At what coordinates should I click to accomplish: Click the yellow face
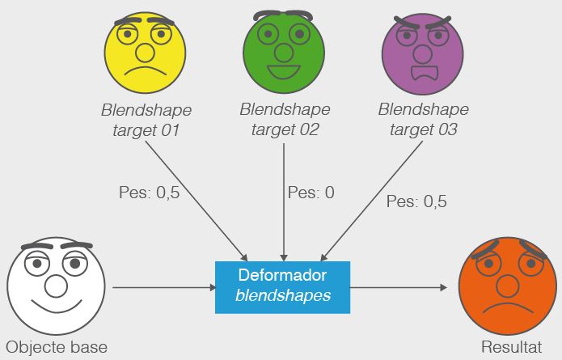click(x=146, y=53)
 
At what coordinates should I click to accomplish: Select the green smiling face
click(x=284, y=53)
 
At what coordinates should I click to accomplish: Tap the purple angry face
click(x=421, y=53)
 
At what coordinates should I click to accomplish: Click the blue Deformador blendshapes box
click(x=282, y=287)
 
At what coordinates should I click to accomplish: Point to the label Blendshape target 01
click(x=146, y=120)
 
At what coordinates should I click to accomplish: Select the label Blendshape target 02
click(x=284, y=120)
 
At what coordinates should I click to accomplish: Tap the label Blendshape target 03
click(x=422, y=120)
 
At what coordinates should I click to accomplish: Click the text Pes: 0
click(x=311, y=193)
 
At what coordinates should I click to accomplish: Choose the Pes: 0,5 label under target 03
click(x=416, y=201)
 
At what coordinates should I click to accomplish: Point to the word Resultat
click(x=511, y=348)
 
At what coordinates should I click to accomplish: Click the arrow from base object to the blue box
click(x=162, y=287)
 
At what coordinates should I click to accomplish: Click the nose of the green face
click(x=284, y=53)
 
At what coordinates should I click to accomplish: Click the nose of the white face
click(x=55, y=285)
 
